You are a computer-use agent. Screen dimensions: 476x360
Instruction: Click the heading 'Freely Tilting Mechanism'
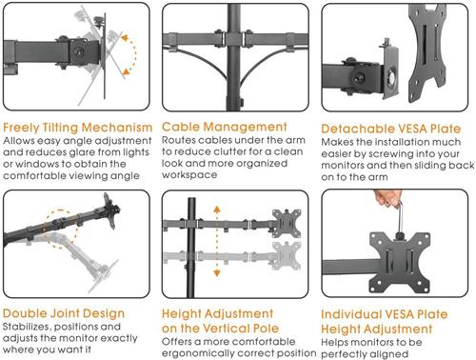[x=78, y=128]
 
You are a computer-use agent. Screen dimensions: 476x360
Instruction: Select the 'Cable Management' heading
[x=225, y=127]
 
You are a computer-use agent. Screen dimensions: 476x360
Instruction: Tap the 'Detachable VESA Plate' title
[x=391, y=129]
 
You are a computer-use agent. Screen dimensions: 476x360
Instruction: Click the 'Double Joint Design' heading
[x=64, y=313]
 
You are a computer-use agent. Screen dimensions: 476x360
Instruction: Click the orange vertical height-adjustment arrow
[x=217, y=241]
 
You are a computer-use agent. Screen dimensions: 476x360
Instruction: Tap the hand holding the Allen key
[x=387, y=197]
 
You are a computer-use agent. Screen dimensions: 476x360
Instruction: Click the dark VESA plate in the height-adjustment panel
[x=287, y=224]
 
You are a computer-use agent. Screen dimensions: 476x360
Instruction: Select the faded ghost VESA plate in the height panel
[x=287, y=256]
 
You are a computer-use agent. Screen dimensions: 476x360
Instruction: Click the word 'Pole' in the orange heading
[x=266, y=329]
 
